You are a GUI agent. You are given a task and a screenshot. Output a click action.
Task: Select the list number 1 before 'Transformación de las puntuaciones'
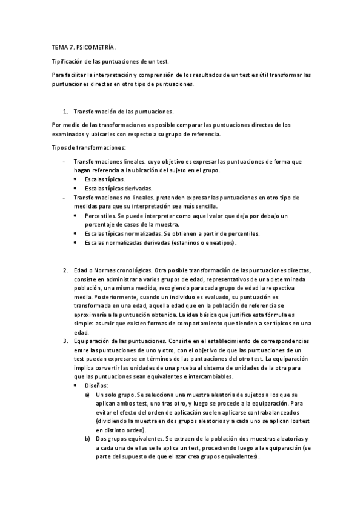pyautogui.click(x=65, y=112)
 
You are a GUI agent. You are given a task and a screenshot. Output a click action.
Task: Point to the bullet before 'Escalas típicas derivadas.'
pyautogui.click(x=75, y=189)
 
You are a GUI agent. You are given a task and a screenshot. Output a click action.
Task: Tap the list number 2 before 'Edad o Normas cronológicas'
pyautogui.click(x=65, y=269)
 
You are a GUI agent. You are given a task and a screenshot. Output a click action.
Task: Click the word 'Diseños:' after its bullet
pyautogui.click(x=96, y=385)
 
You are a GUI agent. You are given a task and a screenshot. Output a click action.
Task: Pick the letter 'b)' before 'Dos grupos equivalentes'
pyautogui.click(x=88, y=438)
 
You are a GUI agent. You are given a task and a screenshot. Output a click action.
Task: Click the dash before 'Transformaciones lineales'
pyautogui.click(x=65, y=162)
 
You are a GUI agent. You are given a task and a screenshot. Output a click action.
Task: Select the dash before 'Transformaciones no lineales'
pyautogui.click(x=65, y=198)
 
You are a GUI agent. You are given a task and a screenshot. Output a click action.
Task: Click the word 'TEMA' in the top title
pyautogui.click(x=59, y=46)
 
